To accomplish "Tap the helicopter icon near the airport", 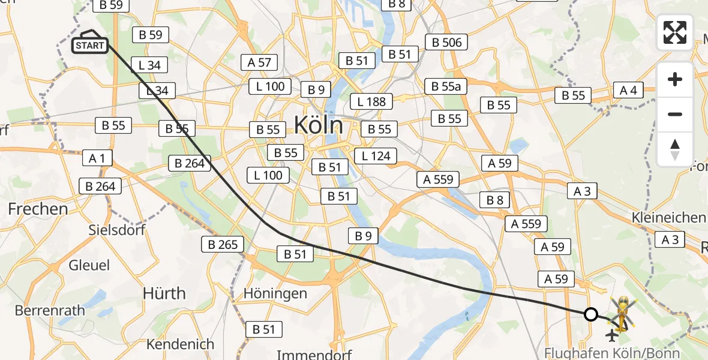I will click(623, 312).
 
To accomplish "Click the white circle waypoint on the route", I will click(591, 314).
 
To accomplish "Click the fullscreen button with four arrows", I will click(675, 32).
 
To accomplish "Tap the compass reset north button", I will click(675, 149).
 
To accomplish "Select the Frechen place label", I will click(38, 209).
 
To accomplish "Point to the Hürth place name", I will click(164, 293).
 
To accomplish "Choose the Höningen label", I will click(275, 293).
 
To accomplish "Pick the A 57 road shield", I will click(259, 62).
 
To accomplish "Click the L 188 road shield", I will click(371, 101).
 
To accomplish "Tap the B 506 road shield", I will click(446, 42).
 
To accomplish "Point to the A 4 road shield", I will click(628, 91).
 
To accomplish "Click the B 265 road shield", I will click(223, 244).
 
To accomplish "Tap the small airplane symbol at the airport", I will click(613, 334).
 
